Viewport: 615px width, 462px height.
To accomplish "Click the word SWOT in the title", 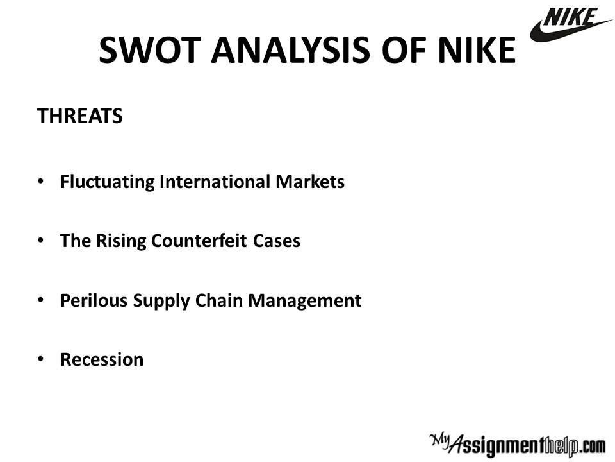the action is [150, 50].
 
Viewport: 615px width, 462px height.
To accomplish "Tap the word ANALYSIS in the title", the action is [290, 50].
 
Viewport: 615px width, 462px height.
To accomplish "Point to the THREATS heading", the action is [79, 116].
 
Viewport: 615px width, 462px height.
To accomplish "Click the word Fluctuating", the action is [108, 182].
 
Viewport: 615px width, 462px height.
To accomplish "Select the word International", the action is [215, 182].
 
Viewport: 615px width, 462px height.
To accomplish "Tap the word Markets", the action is [310, 182].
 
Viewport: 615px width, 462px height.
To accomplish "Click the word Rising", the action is [121, 241].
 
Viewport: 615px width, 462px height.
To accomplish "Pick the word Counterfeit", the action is [199, 241].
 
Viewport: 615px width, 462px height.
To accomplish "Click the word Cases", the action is [277, 241].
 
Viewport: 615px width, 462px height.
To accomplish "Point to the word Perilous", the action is [94, 300].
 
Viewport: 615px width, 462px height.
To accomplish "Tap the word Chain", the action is [219, 300].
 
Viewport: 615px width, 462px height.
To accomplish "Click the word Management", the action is [305, 301].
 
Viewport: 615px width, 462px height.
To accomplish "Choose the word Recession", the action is [102, 359].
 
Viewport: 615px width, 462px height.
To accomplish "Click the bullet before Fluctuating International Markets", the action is [40, 182].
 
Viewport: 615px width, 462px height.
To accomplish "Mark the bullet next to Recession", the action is [40, 359].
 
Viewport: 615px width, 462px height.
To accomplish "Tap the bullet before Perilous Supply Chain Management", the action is [40, 300].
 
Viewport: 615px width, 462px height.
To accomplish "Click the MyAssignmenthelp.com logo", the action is [518, 445].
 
